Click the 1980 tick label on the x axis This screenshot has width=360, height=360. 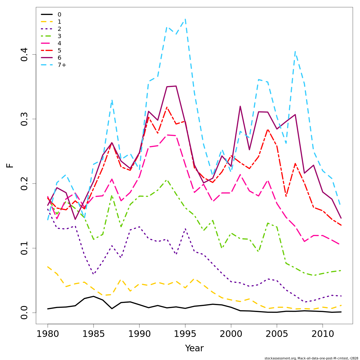(x=48, y=334)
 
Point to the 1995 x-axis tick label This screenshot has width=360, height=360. (x=185, y=334)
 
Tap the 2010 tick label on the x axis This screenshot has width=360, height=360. (x=322, y=334)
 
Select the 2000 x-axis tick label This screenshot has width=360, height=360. (x=231, y=334)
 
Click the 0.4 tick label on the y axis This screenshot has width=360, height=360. (x=24, y=54)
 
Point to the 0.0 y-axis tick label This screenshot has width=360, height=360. (x=24, y=313)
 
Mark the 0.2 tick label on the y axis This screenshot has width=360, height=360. (x=24, y=184)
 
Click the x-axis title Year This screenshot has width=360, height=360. (x=194, y=348)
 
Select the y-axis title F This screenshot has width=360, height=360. (x=10, y=165)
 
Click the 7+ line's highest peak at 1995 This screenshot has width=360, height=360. (x=185, y=19)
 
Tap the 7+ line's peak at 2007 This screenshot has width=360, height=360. (x=295, y=52)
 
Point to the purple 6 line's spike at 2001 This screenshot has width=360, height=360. (x=240, y=106)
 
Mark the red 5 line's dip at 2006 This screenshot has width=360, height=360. (x=286, y=196)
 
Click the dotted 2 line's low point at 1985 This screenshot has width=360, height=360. (x=93, y=274)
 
